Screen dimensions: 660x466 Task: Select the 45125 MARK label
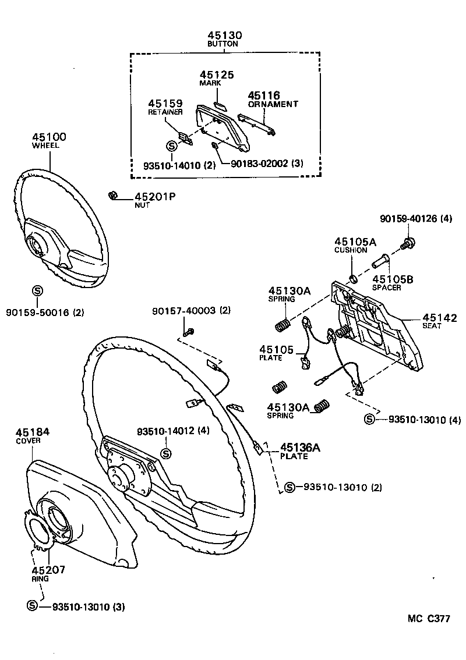click(217, 78)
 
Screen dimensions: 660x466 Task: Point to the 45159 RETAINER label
click(165, 107)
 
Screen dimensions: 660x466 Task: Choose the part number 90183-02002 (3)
click(267, 165)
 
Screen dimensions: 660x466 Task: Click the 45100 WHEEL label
click(49, 140)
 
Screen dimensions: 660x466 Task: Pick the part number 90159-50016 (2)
click(45, 313)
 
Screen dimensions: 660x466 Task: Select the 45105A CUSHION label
click(350, 245)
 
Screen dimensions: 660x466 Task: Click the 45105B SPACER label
click(393, 283)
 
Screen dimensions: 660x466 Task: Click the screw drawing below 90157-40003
click(189, 332)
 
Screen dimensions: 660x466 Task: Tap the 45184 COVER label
click(33, 436)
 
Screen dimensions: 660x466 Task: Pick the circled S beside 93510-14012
click(165, 453)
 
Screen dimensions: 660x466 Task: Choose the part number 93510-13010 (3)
click(88, 607)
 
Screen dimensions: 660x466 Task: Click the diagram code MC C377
click(428, 619)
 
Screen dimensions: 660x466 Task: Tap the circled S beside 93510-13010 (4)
click(369, 419)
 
